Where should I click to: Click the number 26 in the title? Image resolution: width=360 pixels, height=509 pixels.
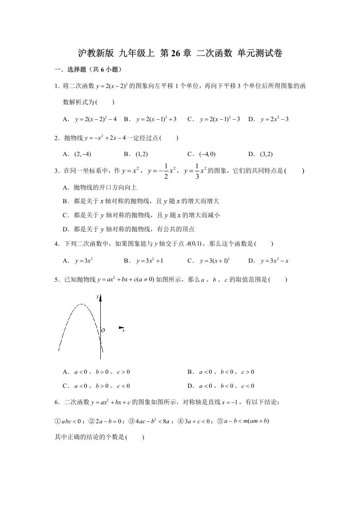coord(175,54)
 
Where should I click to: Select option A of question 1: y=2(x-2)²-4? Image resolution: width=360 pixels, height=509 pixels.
coord(96,119)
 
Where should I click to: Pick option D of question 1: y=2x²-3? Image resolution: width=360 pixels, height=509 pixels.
coord(275,119)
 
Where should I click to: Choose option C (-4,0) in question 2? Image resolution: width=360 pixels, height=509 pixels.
coord(207,154)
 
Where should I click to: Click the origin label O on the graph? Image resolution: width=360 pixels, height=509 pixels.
coord(103,331)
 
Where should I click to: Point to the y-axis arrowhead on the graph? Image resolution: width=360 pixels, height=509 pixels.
coord(100,298)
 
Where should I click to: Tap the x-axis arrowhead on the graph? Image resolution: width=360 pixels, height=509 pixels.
coord(121,328)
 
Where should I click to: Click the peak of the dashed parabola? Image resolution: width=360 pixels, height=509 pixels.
coord(81,304)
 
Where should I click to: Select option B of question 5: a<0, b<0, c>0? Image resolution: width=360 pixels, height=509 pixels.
coord(227,372)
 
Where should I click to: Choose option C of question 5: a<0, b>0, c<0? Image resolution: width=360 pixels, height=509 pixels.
coord(102,386)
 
